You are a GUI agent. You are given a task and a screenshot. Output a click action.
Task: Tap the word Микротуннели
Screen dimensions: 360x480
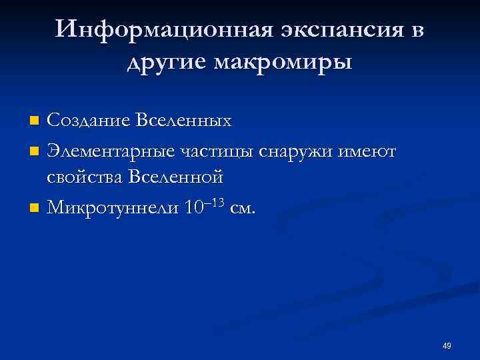coord(112,208)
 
